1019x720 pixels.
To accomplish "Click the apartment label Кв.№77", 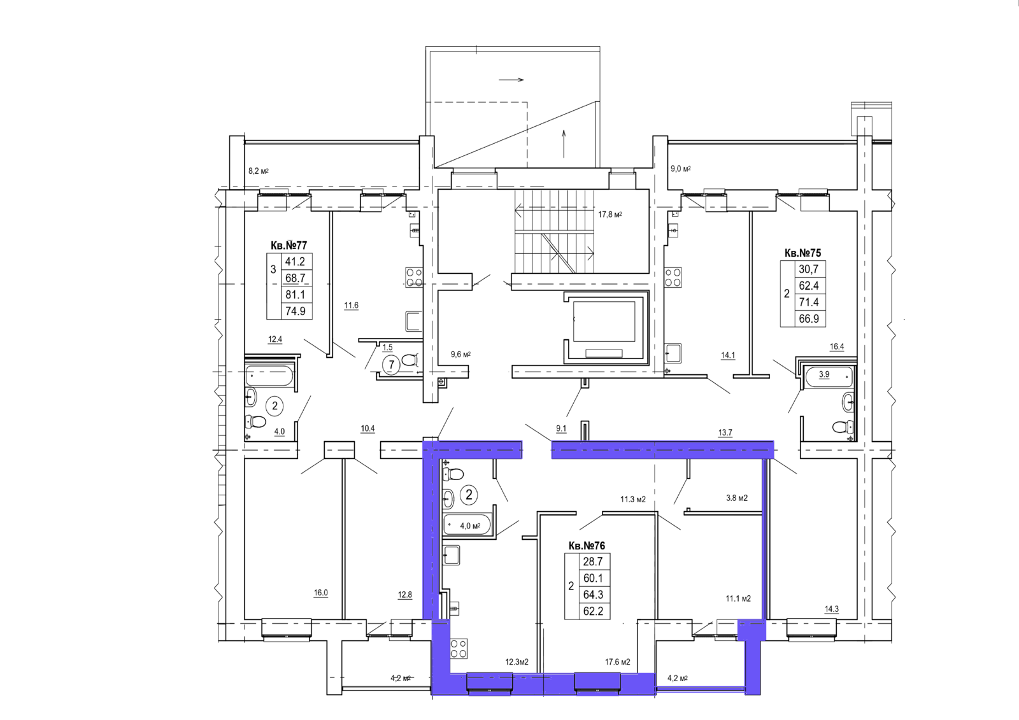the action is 289,246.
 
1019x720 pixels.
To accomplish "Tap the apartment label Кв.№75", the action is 803,253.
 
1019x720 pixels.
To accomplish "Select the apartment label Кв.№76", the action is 587,546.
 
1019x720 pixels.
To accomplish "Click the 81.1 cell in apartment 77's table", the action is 295,295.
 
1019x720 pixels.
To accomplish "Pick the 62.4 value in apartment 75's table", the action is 809,286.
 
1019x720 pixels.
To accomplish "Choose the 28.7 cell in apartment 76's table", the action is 593,561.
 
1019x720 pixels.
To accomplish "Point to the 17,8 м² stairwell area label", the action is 609,215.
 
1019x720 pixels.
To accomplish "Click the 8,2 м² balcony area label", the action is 259,171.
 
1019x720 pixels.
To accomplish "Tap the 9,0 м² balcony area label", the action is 681,169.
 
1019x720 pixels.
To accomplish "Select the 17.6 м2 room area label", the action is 617,662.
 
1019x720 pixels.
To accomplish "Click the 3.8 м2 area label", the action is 737,498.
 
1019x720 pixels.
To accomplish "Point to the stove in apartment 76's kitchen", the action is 459,649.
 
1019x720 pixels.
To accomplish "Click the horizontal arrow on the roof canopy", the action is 511,80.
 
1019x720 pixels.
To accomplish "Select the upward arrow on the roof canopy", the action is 564,144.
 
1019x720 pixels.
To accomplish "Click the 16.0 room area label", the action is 321,593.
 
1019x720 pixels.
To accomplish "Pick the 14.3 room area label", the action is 832,609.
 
